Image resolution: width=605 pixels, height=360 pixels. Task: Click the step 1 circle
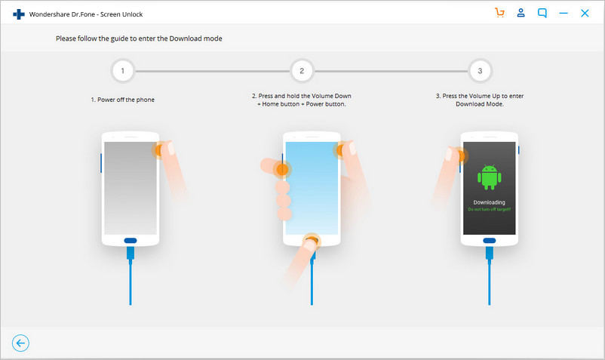point(122,72)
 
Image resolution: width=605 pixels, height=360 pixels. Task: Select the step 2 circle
point(302,72)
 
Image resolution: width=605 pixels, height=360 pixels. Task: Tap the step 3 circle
point(480,72)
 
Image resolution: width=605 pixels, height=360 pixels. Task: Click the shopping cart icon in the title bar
point(499,13)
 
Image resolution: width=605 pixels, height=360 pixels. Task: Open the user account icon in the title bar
point(521,13)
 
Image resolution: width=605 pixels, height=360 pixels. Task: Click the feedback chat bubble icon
point(542,13)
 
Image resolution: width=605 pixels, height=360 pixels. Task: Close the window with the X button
point(585,13)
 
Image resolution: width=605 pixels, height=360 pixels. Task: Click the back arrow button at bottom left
point(20,343)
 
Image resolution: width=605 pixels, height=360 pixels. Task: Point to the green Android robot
point(489,176)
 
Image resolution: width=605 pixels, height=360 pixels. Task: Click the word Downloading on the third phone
point(489,202)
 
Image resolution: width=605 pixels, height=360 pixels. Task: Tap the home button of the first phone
point(131,241)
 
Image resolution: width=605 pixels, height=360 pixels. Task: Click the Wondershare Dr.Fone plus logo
point(19,14)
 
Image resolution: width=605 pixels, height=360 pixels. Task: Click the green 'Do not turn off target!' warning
point(489,209)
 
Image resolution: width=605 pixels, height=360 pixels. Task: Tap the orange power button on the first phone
point(160,150)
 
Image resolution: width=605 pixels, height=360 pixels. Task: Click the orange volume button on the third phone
point(460,156)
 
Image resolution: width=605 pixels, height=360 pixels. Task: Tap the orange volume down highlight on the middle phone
point(282,170)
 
